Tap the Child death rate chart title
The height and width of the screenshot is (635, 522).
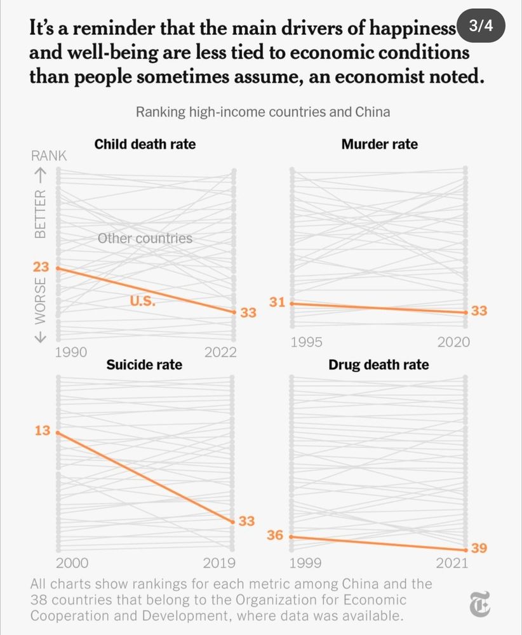click(145, 144)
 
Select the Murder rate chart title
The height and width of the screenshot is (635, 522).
click(379, 144)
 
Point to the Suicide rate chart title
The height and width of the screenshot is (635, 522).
click(144, 364)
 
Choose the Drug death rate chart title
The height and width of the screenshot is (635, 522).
click(378, 364)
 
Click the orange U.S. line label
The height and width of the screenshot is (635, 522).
click(143, 302)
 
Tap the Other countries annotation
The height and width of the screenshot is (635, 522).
click(145, 239)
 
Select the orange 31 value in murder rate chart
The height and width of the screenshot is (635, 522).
click(277, 302)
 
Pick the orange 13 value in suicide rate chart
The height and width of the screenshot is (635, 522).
click(42, 431)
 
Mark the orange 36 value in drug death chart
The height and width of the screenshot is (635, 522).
click(274, 535)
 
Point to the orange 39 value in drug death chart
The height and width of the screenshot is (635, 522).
click(479, 549)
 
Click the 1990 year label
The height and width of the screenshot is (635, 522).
click(71, 352)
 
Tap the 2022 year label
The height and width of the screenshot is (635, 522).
click(220, 352)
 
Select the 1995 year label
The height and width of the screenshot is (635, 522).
click(306, 342)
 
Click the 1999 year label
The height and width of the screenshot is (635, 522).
click(305, 563)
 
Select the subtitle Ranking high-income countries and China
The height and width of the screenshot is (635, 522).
click(262, 112)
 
